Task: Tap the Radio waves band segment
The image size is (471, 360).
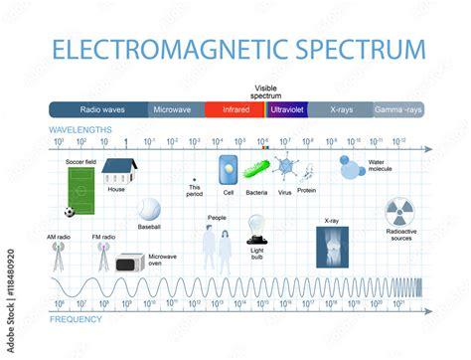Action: tap(98, 110)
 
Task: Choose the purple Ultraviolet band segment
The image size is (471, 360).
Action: tap(285, 110)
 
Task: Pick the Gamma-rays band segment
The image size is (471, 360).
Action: tap(398, 110)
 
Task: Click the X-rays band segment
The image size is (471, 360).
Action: tap(340, 110)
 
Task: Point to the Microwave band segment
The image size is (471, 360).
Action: tap(176, 110)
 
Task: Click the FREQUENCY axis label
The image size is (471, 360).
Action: tap(77, 319)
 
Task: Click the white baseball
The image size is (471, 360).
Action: tap(149, 209)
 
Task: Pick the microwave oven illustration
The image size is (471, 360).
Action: tap(130, 263)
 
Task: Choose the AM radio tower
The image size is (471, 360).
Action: tap(63, 257)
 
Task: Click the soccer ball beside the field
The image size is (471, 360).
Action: tap(69, 212)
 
